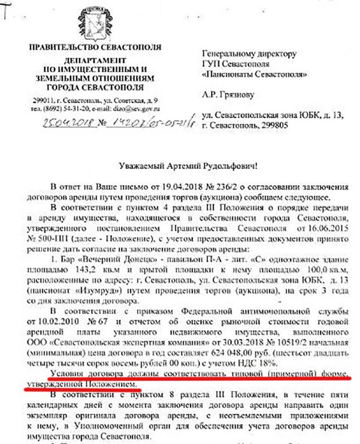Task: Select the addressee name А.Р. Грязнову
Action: pos(228,95)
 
